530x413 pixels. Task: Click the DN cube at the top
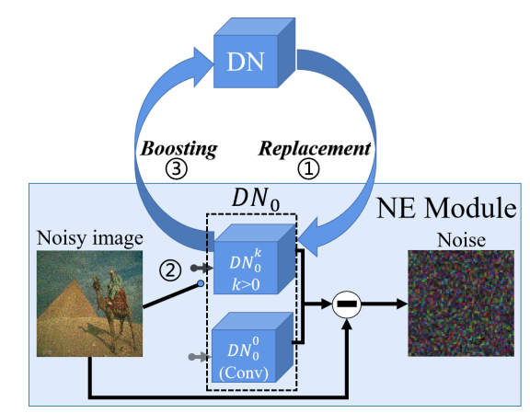tap(254, 53)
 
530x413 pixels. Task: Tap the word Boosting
tap(179, 149)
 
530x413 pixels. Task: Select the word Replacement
tap(315, 148)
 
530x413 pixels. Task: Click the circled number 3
tap(176, 168)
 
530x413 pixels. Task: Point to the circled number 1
tap(308, 168)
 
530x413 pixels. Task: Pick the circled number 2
tap(170, 270)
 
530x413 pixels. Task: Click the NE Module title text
tap(446, 208)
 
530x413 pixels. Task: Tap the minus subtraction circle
tap(347, 304)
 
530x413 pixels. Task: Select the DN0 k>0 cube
tap(255, 259)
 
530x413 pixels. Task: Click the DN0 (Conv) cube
tap(252, 348)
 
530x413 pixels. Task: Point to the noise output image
tap(461, 304)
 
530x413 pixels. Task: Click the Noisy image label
tap(90, 238)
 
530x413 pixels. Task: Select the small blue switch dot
tap(201, 283)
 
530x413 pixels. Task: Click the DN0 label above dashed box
tap(256, 199)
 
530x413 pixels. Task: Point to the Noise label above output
tap(461, 240)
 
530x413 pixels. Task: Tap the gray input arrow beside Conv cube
tap(200, 357)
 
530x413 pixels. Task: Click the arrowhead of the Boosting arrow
tap(203, 67)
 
